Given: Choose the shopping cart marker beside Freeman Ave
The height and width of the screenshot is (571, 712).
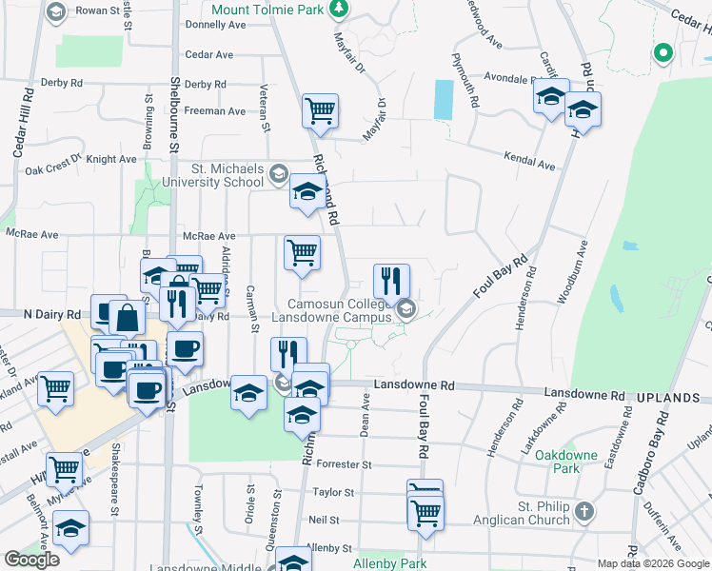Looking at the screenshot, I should click(321, 110).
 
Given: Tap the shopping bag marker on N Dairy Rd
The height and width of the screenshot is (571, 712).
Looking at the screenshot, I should click(127, 318).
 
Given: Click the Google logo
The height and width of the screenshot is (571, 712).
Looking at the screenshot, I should click(31, 560).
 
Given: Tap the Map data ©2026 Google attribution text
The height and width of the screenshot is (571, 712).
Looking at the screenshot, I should click(653, 563).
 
